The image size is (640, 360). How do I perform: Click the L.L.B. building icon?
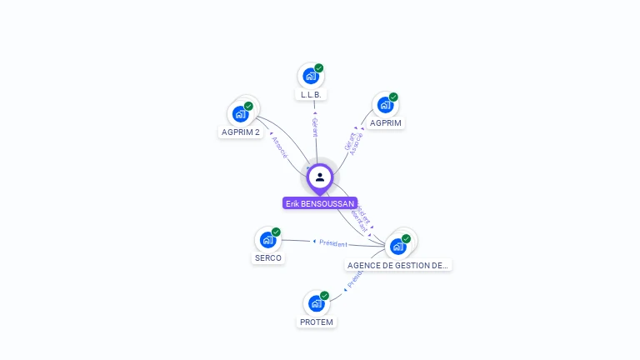[311, 76]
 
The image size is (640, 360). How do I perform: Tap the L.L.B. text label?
[311, 95]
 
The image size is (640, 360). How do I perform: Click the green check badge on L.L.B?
[319, 68]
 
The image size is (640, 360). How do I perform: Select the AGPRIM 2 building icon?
[241, 113]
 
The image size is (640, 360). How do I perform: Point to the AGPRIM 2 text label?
[240, 132]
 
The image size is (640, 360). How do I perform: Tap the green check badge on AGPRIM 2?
[248, 106]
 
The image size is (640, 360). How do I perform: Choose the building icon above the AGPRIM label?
[385, 104]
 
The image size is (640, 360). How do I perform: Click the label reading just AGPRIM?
[386, 123]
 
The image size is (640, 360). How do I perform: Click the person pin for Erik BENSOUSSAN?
[320, 177]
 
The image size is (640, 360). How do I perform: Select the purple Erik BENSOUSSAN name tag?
[320, 203]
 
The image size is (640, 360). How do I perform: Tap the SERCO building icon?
[267, 240]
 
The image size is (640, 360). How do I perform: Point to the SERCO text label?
[268, 258]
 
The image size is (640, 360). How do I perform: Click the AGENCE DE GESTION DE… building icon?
[398, 246]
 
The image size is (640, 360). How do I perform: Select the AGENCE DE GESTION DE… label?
[398, 265]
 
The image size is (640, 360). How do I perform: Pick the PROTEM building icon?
[317, 303]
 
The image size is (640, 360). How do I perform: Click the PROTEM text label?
[317, 322]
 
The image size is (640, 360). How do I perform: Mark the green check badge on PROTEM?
[325, 296]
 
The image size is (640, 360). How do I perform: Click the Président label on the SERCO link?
[333, 243]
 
